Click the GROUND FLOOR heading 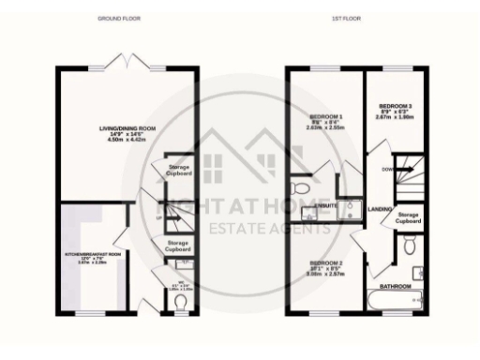coord(119,18)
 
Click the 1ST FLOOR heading coord(349,18)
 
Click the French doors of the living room coord(127,62)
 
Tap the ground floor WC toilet coord(181,301)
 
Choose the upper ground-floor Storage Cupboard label coord(179,170)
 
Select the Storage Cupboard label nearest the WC coord(178,246)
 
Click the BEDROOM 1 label coord(326,116)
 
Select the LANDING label coord(380,209)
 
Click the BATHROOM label coord(395,286)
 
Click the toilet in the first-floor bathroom coord(412,247)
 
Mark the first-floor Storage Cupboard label coord(408,217)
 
